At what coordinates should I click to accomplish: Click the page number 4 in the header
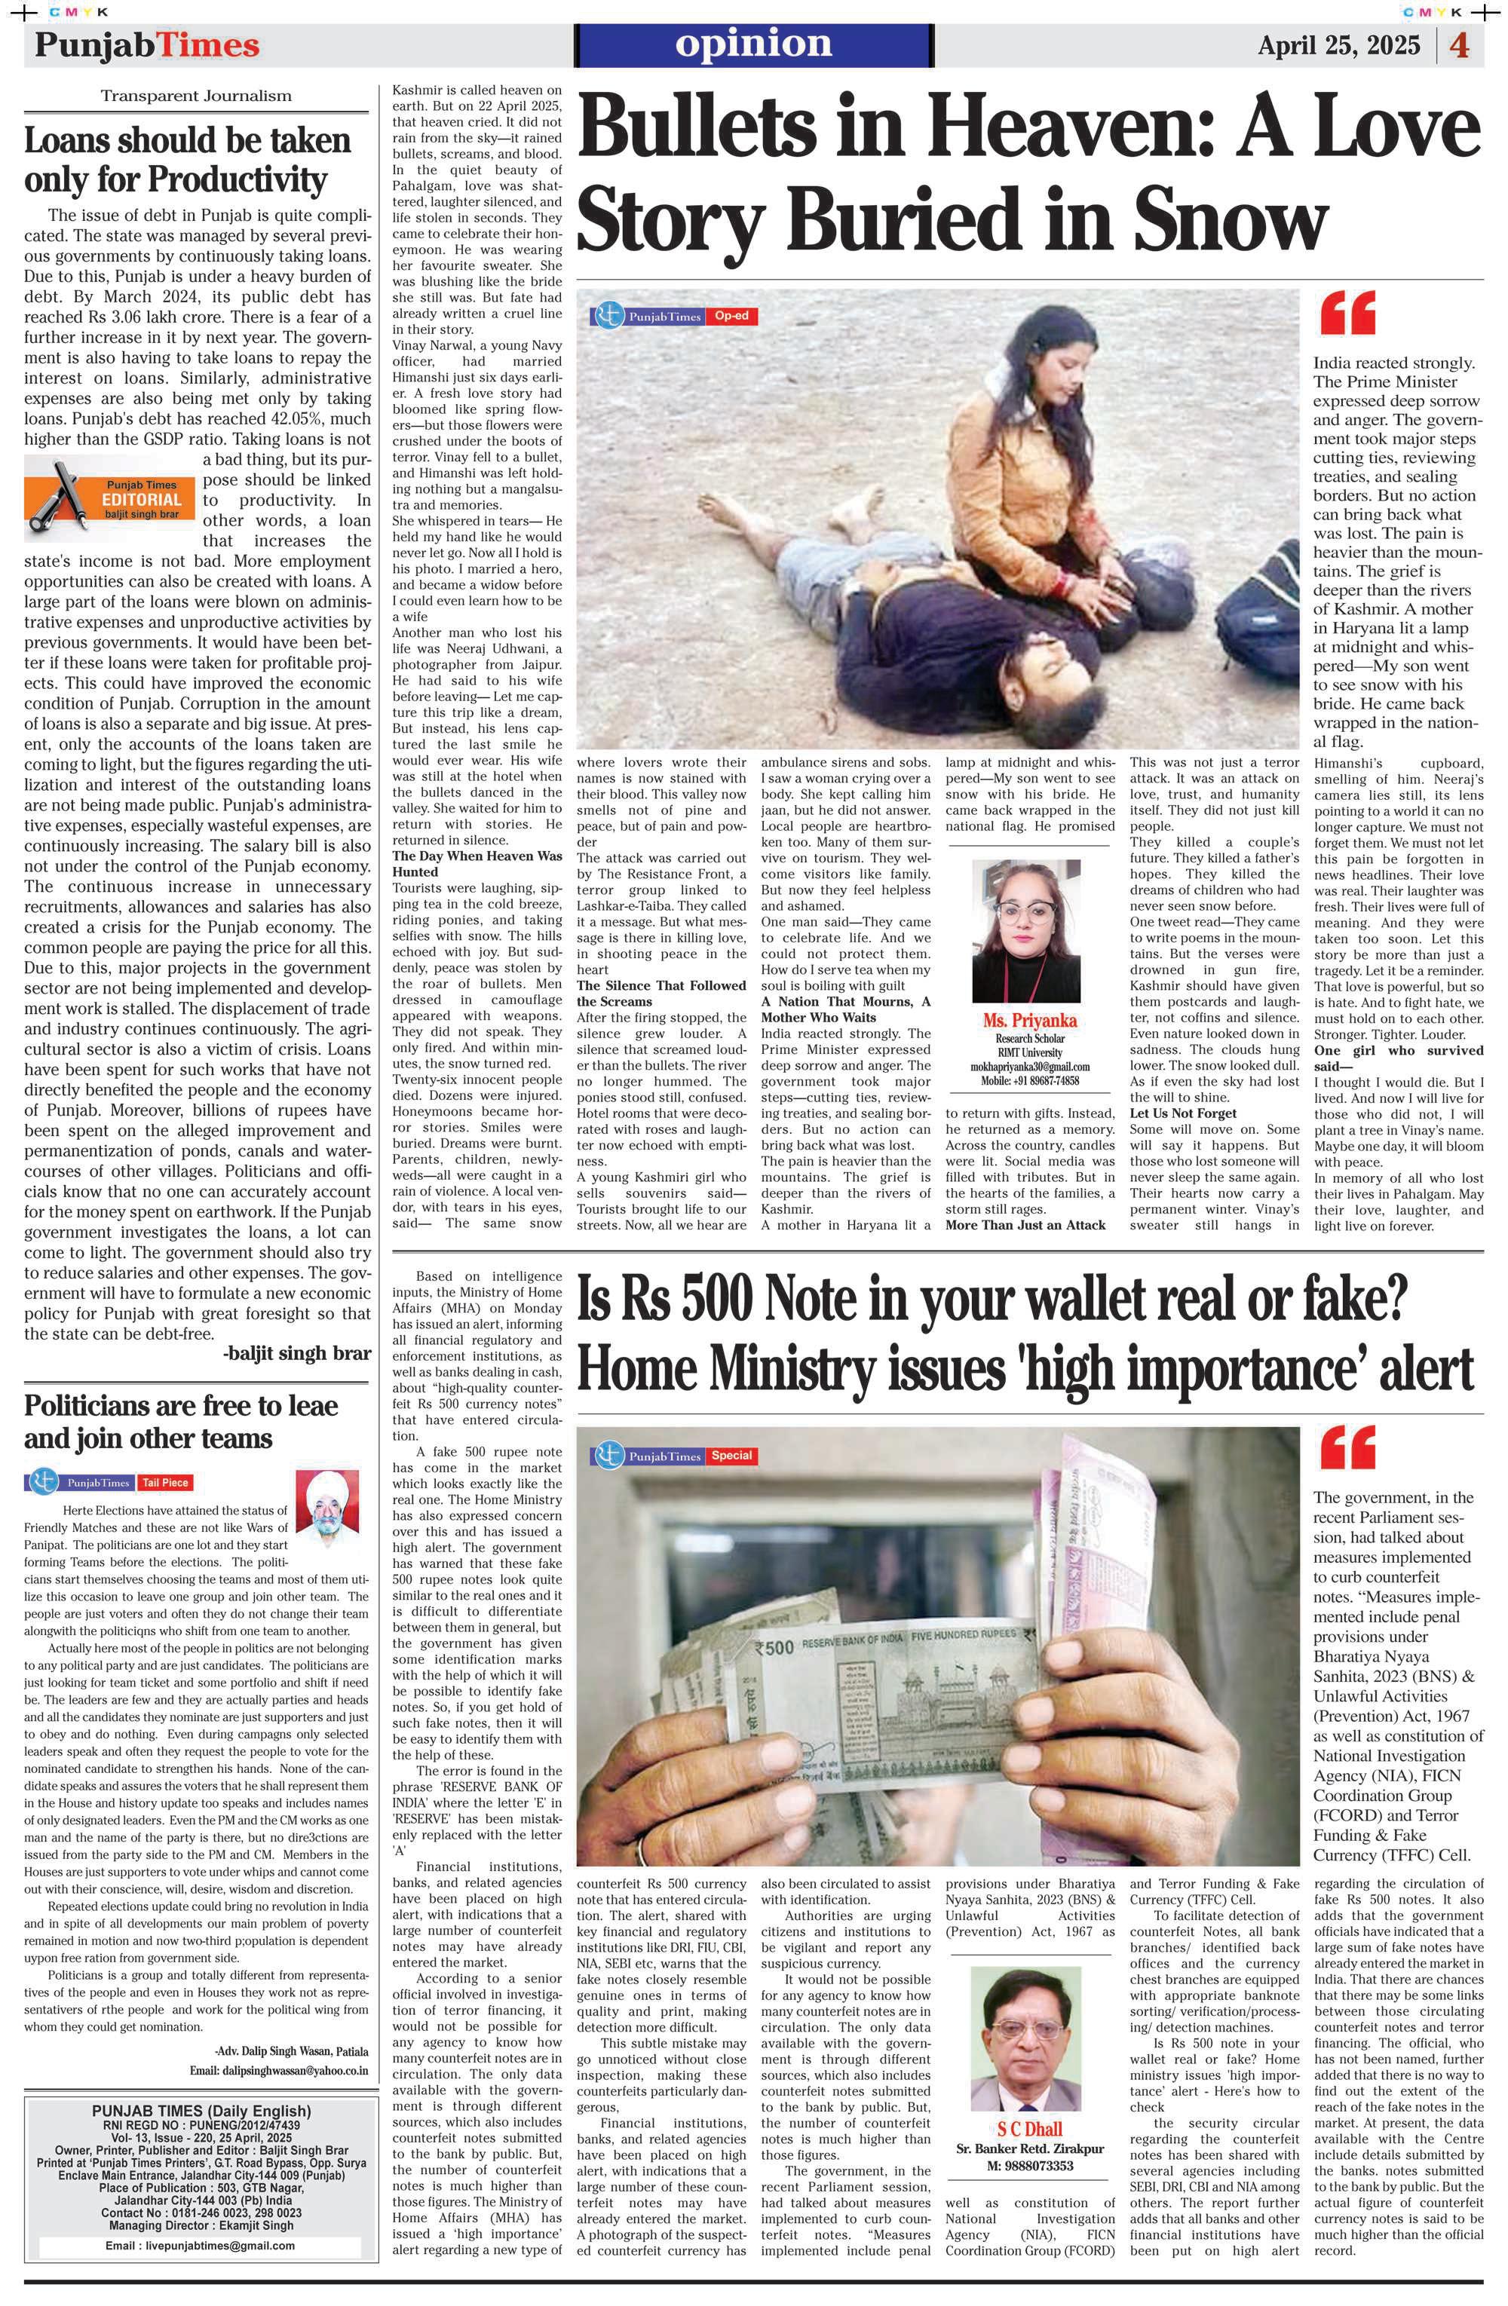tap(1460, 45)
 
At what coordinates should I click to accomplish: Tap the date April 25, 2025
tap(1338, 45)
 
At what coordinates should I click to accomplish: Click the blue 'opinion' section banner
tap(753, 44)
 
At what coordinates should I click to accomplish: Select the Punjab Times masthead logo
tap(147, 45)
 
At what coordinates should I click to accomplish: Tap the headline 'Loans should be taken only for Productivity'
tap(187, 160)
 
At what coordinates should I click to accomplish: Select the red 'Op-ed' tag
tap(731, 316)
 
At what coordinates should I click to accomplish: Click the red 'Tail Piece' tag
tap(165, 1482)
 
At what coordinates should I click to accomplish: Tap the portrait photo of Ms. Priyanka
tap(1025, 931)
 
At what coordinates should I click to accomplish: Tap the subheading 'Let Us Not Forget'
tap(1182, 1113)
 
